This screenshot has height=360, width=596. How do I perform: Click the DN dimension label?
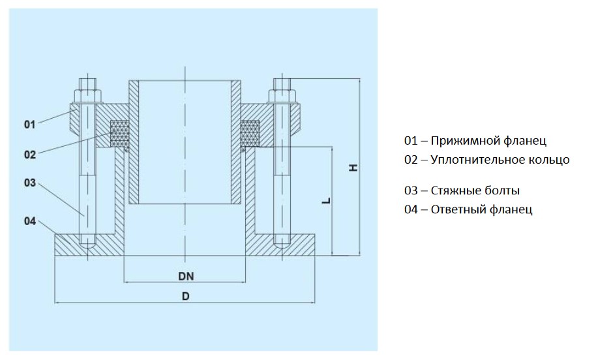tap(186, 276)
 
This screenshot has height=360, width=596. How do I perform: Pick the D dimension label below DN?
tap(186, 296)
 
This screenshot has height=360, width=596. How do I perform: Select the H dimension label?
tap(353, 168)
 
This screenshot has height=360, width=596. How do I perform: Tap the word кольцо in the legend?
tap(550, 159)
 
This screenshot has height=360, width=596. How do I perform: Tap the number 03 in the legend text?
tap(411, 191)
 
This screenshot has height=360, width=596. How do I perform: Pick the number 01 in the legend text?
tap(411, 141)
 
